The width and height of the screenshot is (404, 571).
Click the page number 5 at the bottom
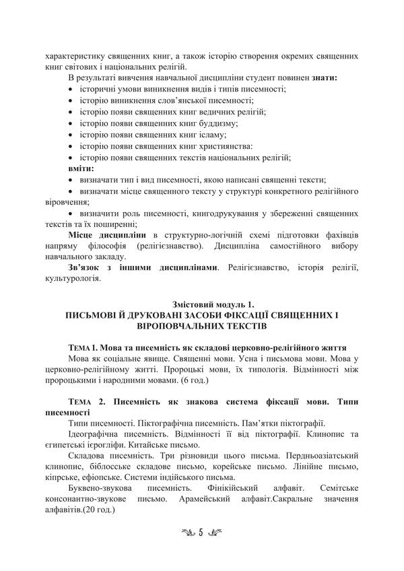point(201,532)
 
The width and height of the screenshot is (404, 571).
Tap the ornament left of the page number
point(184,532)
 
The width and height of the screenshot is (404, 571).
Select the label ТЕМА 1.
point(84,349)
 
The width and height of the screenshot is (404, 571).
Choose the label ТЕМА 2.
point(86,402)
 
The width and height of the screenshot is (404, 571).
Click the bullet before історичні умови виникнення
point(72,90)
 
